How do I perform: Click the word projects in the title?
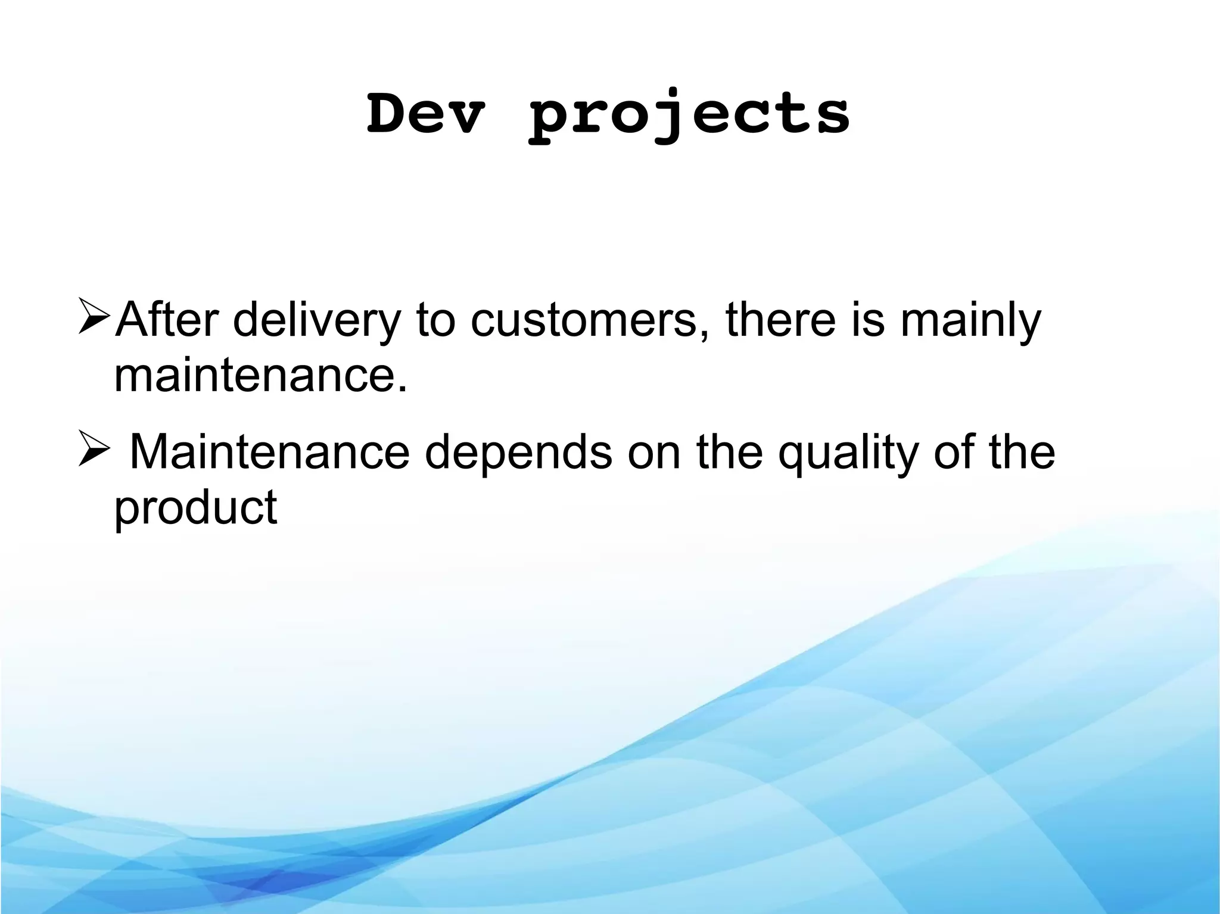click(690, 116)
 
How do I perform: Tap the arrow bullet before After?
click(94, 317)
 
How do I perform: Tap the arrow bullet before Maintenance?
click(94, 451)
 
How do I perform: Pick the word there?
click(780, 320)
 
